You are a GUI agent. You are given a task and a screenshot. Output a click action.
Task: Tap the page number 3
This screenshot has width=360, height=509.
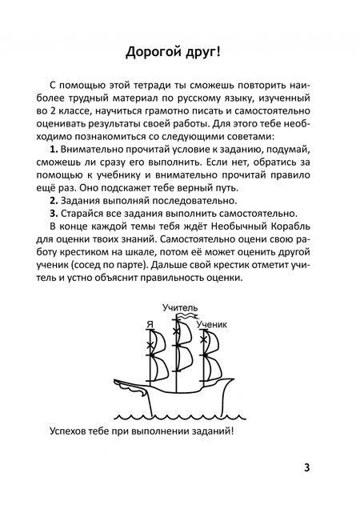point(329,468)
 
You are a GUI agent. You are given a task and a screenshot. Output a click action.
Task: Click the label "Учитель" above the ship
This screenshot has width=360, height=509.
point(180,307)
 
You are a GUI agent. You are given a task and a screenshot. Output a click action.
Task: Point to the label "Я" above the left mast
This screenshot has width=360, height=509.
point(150,324)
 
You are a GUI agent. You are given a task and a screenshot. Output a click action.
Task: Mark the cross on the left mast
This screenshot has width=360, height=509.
point(150,346)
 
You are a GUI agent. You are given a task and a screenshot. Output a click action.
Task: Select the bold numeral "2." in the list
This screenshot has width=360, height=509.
point(54,200)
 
